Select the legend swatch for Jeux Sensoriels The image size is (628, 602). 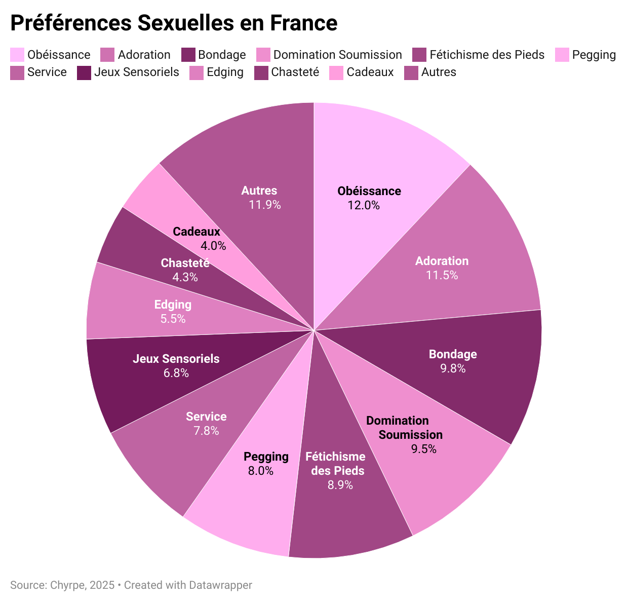tap(84, 72)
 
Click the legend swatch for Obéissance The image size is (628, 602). tap(17, 55)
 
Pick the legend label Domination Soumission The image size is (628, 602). tap(337, 55)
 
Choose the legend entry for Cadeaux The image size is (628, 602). tap(370, 72)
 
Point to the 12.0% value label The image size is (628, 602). tap(364, 205)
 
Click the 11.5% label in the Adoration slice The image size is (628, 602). tap(442, 275)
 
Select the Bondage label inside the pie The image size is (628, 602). tap(453, 354)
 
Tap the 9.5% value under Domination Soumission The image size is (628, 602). tap(424, 449)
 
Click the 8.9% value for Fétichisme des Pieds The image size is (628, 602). tap(340, 485)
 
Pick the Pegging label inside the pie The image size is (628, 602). tap(266, 457)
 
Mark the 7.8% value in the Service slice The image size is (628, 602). tap(206, 431)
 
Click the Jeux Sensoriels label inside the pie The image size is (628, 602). tap(176, 359)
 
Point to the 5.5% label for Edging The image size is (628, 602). tap(173, 319)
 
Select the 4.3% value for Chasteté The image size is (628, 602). tap(185, 277)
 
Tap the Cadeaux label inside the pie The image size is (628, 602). tap(197, 232)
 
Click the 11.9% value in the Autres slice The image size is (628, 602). tap(264, 205)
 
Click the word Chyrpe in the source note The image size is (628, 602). tap(68, 585)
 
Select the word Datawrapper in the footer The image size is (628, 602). tap(220, 585)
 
